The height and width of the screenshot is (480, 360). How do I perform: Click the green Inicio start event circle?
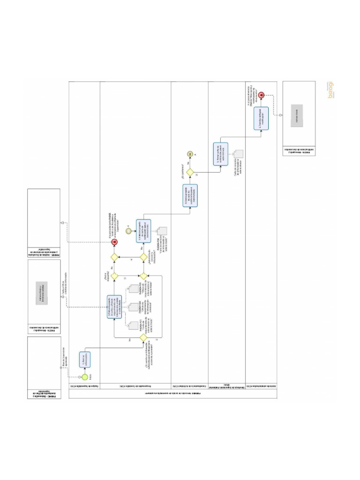pos(85,377)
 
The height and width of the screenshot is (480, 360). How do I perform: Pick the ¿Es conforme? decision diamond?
pos(190,172)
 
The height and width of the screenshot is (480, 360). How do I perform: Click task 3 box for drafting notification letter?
pos(144,231)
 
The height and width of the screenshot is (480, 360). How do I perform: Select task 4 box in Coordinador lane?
pos(190,196)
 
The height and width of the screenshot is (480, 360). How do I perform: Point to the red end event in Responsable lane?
pos(114,242)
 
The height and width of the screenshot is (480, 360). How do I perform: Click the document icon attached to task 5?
pos(239,154)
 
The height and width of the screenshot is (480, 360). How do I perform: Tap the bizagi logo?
pos(331,90)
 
